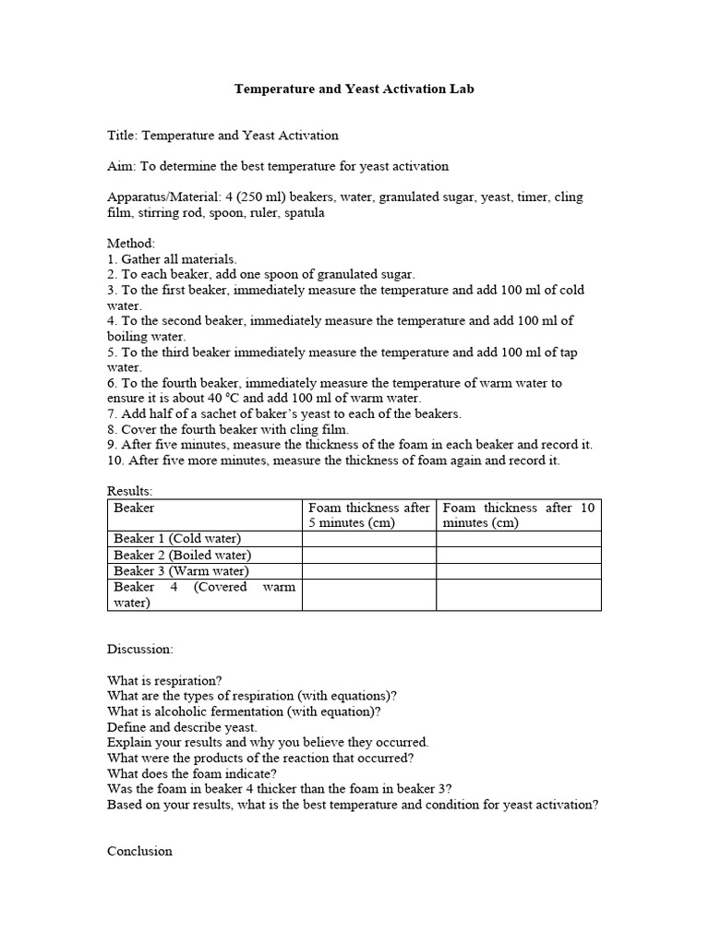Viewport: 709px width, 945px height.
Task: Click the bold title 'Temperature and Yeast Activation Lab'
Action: (354, 90)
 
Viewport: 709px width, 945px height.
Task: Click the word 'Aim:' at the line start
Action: (121, 166)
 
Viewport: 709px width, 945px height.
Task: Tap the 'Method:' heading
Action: (130, 244)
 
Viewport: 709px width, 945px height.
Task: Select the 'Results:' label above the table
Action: (130, 491)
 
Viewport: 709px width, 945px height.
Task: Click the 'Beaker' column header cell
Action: (135, 508)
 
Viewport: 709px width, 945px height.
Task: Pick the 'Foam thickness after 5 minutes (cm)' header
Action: (368, 515)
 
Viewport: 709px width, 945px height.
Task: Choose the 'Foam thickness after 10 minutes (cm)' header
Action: (518, 515)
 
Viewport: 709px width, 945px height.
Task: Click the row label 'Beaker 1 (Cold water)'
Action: (176, 539)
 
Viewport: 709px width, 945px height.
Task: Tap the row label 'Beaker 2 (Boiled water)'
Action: (182, 555)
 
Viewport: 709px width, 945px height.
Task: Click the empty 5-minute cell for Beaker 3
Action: (368, 570)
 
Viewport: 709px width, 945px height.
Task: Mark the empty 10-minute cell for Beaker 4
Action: (518, 594)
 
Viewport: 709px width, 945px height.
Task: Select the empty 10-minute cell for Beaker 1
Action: (518, 539)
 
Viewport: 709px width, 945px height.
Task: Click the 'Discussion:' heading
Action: (139, 650)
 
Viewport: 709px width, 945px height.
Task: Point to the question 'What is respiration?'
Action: (164, 681)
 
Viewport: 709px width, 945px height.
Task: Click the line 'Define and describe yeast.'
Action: (182, 727)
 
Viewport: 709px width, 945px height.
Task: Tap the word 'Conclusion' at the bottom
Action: (139, 851)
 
